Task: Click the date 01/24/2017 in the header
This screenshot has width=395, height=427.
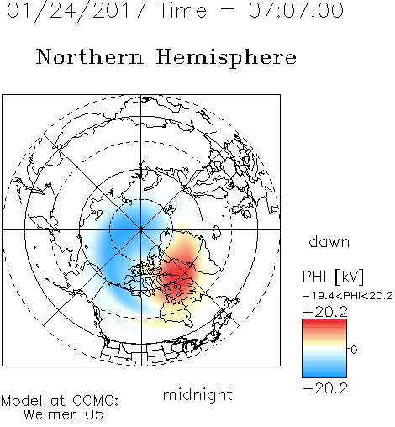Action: coord(76,11)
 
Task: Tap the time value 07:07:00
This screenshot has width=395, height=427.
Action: coord(296,10)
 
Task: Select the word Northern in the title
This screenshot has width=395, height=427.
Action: coord(90,56)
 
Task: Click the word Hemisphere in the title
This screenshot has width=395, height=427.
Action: coord(226,58)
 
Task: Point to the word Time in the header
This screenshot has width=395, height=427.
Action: coord(182,10)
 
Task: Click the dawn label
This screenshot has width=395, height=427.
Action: coord(329,241)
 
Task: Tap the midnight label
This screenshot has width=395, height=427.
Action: coord(197,394)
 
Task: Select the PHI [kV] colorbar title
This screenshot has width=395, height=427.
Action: coord(334,277)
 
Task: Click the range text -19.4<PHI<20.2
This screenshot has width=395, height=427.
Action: coord(348,296)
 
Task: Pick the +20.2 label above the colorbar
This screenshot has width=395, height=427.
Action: coord(325,312)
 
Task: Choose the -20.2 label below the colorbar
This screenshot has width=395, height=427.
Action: coord(325,388)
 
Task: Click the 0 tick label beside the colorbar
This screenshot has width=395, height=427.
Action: coord(354,350)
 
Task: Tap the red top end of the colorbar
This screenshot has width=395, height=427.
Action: coord(324,321)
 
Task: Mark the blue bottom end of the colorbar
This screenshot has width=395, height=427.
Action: coord(324,375)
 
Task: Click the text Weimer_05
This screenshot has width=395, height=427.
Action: coord(64,414)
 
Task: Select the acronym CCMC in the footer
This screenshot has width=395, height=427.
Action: coord(95,401)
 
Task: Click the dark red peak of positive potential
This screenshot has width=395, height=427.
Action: coord(179,276)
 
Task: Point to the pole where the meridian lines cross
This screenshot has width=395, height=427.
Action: coord(141,229)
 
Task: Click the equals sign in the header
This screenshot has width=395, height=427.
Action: coord(227,11)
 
